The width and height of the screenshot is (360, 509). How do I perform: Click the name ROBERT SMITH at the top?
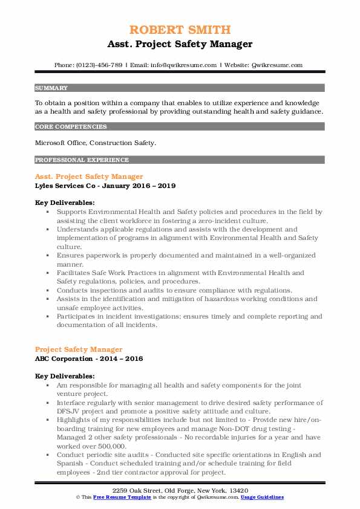tap(180, 30)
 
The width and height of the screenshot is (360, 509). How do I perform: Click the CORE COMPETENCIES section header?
tap(71, 127)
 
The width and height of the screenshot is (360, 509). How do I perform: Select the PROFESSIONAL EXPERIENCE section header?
tap(82, 160)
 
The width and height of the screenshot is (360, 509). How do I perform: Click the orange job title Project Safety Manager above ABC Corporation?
tap(79, 349)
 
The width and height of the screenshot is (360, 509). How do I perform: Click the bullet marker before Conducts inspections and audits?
tap(48, 290)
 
